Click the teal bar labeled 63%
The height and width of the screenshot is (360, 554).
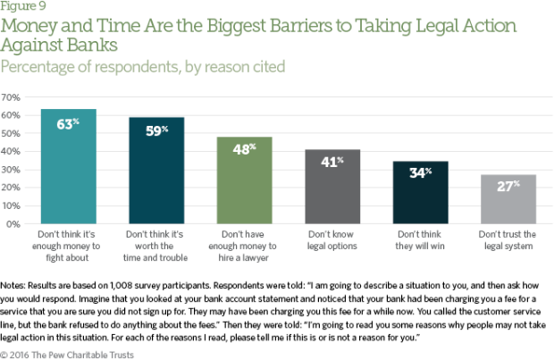(x=69, y=170)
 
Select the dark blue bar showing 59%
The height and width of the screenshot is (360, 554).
(x=156, y=174)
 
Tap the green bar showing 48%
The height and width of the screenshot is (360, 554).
(x=244, y=183)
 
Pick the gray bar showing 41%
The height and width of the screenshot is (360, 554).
(x=332, y=189)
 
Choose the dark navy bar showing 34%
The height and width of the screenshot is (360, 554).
(x=420, y=195)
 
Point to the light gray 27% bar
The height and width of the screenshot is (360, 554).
(x=508, y=201)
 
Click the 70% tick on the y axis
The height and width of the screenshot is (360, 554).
(x=14, y=96)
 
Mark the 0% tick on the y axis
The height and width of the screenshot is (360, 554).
(x=17, y=224)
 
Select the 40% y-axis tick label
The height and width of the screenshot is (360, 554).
(x=14, y=151)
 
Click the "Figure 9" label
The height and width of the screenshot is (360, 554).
(x=21, y=7)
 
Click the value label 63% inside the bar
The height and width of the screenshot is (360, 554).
(x=69, y=124)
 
